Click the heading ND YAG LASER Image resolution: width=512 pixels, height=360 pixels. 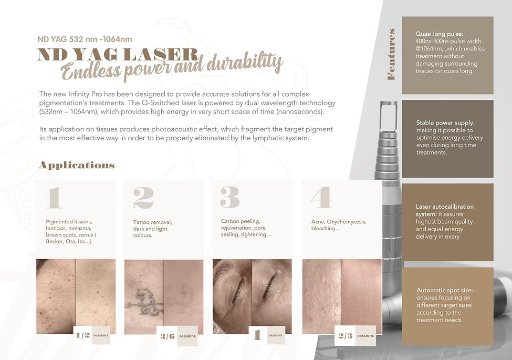point(118,55)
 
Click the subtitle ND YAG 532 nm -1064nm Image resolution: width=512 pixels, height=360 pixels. point(85,39)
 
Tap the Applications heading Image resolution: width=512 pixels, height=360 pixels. point(77,166)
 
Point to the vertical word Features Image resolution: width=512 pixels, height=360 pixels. point(391,54)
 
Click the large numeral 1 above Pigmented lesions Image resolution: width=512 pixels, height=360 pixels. point(54,198)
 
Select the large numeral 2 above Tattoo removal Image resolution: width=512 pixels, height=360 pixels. point(143,198)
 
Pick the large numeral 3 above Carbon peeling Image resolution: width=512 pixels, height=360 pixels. point(230,197)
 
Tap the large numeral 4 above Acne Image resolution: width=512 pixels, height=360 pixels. point(321,197)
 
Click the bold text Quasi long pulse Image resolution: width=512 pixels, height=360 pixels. point(439,34)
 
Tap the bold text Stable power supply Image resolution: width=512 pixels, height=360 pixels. point(445,123)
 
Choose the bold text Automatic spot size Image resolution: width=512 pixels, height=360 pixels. point(444,290)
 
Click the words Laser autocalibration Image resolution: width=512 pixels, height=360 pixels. point(445,207)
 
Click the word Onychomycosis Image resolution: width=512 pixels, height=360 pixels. point(347,222)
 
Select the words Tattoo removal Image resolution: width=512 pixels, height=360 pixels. point(152,222)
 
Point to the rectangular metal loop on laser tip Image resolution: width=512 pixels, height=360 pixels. point(389,117)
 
